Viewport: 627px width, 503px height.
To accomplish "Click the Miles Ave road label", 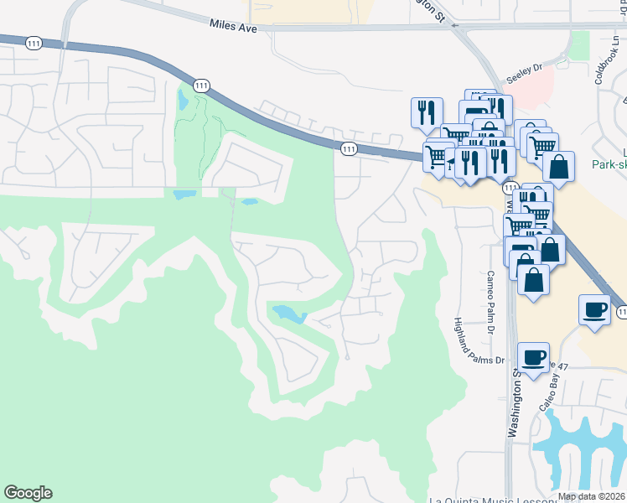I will point(234,27).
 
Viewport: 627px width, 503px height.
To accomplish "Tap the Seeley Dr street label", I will point(525,74).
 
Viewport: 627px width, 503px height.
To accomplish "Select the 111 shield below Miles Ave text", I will point(201,86).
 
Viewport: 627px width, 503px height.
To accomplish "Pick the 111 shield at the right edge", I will point(621,312).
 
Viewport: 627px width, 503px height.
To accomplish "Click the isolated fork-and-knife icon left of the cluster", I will point(426,111).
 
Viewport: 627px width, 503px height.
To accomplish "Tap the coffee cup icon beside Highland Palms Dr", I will point(533,358).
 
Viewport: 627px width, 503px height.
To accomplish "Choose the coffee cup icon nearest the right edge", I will point(594,309).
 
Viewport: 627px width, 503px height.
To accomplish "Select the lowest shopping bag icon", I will point(533,279).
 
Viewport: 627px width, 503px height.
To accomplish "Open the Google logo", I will point(28,493).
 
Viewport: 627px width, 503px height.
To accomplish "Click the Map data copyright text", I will point(591,496).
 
